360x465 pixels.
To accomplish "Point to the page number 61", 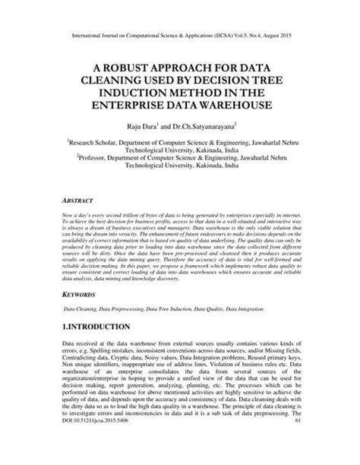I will pyautogui.click(x=302, y=441).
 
